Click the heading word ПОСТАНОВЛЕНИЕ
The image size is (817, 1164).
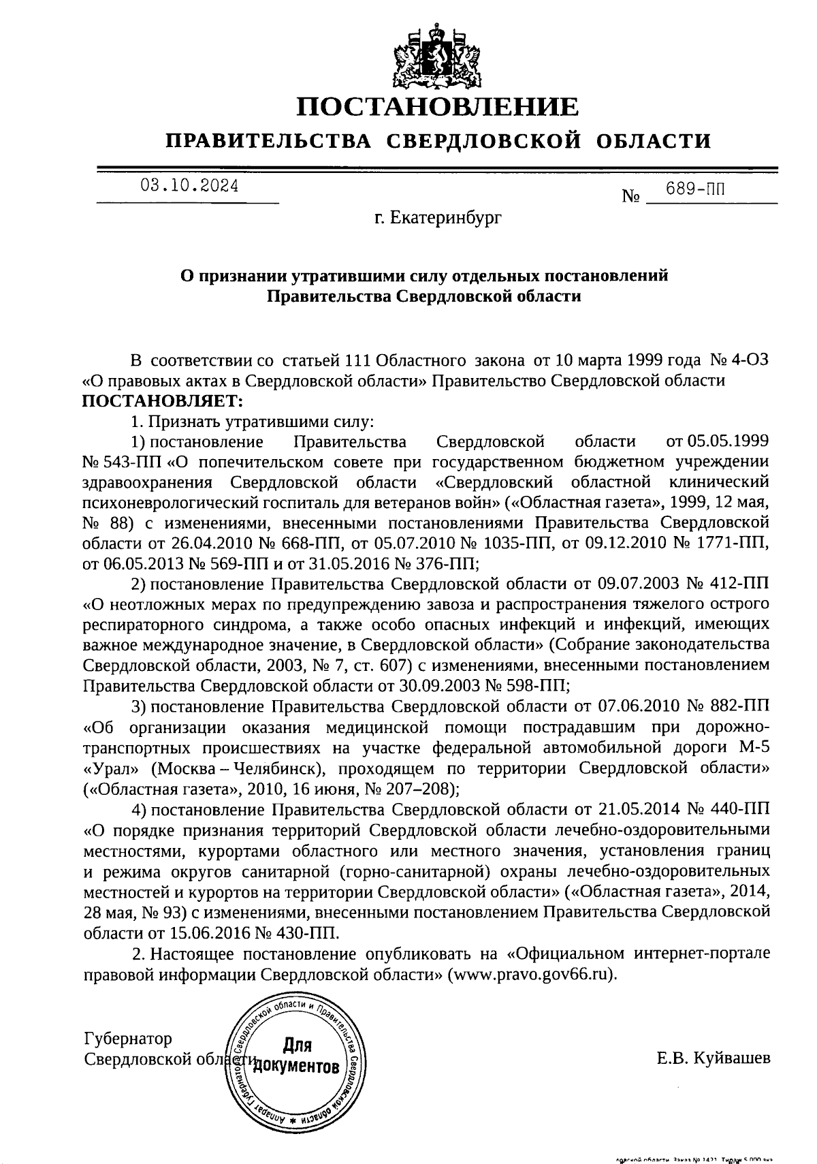coord(438,107)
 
